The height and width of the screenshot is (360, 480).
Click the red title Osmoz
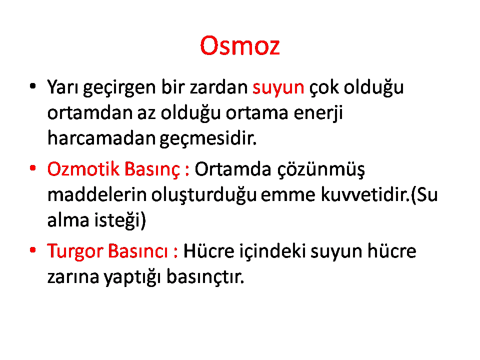[x=239, y=45]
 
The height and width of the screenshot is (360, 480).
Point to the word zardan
[x=218, y=87]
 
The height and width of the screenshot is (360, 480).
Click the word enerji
[x=318, y=113]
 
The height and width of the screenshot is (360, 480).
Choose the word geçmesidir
[x=208, y=139]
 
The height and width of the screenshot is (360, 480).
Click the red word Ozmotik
[x=83, y=169]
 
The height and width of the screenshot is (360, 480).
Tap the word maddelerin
[x=97, y=194]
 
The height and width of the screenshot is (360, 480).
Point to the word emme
[x=288, y=195]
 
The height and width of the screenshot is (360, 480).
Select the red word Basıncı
[x=138, y=251]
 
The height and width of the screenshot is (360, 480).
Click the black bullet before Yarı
[x=33, y=85]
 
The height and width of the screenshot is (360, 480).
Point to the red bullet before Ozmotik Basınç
[x=33, y=168]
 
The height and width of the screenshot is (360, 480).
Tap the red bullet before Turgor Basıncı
[x=33, y=250]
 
